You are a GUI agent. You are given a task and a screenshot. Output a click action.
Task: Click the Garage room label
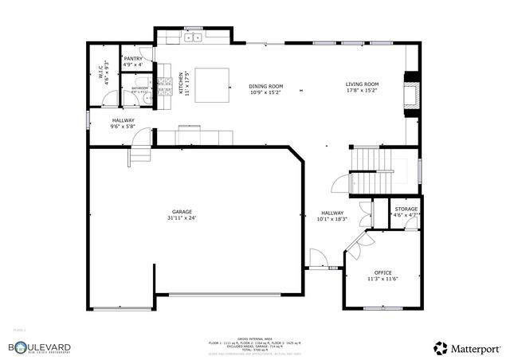pyautogui.click(x=181, y=212)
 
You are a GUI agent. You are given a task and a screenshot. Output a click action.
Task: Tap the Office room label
pyautogui.click(x=382, y=273)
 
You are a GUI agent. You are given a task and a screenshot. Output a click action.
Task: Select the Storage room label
pyautogui.click(x=406, y=209)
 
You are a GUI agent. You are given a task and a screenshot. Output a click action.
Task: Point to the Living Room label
pyautogui.click(x=362, y=84)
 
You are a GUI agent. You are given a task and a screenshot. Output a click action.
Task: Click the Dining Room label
pyautogui.click(x=266, y=86)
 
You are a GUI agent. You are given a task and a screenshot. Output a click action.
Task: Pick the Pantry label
pyautogui.click(x=132, y=59)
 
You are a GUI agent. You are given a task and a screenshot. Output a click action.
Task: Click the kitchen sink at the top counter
pyautogui.click(x=193, y=37)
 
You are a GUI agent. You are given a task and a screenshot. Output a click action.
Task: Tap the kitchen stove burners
pyautogui.click(x=166, y=84)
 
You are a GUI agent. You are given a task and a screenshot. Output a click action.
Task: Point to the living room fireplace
pyautogui.click(x=410, y=92)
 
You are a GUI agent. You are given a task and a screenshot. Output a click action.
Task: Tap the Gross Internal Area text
pyautogui.click(x=254, y=338)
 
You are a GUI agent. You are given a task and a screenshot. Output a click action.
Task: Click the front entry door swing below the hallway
pyautogui.click(x=317, y=259)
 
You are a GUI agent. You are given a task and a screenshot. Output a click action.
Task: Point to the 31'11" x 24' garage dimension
pyautogui.click(x=181, y=217)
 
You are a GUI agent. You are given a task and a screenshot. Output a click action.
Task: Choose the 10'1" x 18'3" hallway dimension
pyautogui.click(x=332, y=218)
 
